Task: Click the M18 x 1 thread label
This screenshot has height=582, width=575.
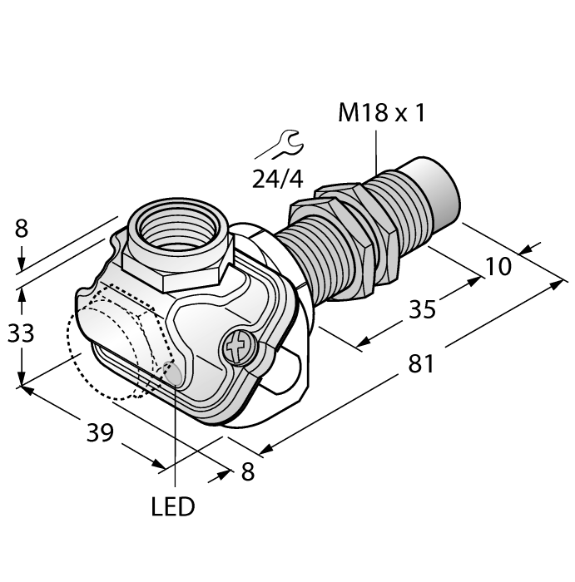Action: tap(381, 113)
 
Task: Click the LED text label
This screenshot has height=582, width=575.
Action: tap(173, 506)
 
